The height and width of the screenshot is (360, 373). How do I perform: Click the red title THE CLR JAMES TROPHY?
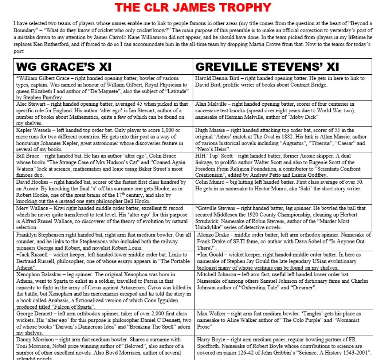point(193,7)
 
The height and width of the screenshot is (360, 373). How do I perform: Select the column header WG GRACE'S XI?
point(64,67)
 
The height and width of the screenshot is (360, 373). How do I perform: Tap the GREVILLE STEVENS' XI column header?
point(267,67)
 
